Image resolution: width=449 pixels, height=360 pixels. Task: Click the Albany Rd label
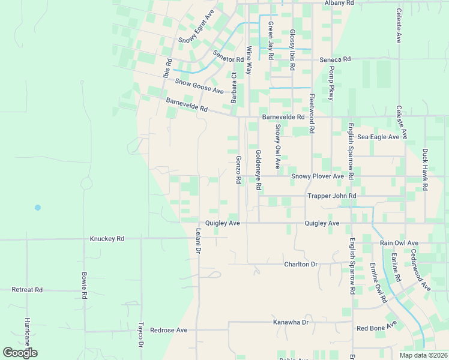pos(339,3)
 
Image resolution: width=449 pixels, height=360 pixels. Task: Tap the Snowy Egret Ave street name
pos(197,26)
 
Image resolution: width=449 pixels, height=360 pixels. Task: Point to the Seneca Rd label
pos(335,59)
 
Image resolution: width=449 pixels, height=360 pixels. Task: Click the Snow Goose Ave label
pos(199,86)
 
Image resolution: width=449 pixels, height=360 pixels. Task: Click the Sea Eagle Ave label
pos(378,137)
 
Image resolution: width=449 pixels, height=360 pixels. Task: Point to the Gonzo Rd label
pos(238,170)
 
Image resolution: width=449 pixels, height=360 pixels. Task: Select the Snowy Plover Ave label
pos(318,176)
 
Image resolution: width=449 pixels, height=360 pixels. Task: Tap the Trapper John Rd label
pos(332,196)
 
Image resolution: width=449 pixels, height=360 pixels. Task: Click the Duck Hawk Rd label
pos(424,170)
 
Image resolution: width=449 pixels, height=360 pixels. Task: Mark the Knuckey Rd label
pos(107,239)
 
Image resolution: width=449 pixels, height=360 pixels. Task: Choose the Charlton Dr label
pos(301,264)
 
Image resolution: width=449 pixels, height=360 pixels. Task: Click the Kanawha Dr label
pos(291,322)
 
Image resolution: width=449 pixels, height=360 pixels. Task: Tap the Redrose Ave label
pos(169,330)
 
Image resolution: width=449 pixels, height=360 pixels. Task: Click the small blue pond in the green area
pos(38,208)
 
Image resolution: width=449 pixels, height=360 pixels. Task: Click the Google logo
pos(20,353)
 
